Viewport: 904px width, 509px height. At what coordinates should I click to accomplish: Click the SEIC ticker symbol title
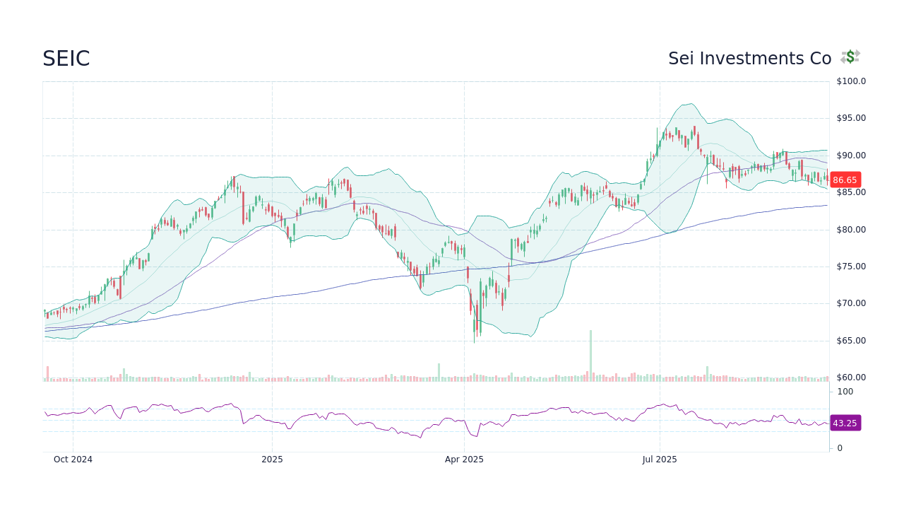coord(66,59)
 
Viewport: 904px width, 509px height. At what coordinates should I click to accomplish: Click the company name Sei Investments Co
coord(749,59)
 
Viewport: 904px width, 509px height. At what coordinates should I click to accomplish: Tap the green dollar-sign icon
coord(850,57)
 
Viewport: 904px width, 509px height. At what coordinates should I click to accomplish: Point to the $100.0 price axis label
coord(851,81)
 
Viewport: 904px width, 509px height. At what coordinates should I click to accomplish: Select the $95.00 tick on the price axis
coord(851,118)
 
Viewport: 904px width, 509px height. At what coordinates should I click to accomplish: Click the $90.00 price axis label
coord(851,156)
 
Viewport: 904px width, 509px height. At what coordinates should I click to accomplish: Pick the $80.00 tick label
coord(851,230)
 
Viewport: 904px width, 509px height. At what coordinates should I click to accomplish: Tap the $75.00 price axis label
coord(851,267)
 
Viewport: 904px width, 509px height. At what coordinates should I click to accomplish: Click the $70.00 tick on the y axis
coord(851,303)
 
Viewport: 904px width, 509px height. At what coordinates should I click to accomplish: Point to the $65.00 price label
coord(851,341)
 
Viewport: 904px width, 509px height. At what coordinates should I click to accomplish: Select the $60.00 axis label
coord(851,378)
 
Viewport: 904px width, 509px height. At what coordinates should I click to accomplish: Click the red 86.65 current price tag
coord(845,180)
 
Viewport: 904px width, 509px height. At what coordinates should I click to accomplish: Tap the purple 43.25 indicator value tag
coord(845,423)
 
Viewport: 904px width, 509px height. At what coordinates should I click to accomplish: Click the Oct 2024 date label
coord(73,460)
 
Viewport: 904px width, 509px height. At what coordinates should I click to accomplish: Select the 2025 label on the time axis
coord(272,460)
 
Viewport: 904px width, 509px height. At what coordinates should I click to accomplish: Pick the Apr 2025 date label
coord(464,460)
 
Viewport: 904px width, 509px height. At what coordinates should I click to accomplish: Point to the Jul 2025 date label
coord(660,460)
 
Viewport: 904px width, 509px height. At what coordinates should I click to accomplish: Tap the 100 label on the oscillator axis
coord(845,392)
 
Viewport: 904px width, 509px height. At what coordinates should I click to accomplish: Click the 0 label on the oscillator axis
coord(840,448)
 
